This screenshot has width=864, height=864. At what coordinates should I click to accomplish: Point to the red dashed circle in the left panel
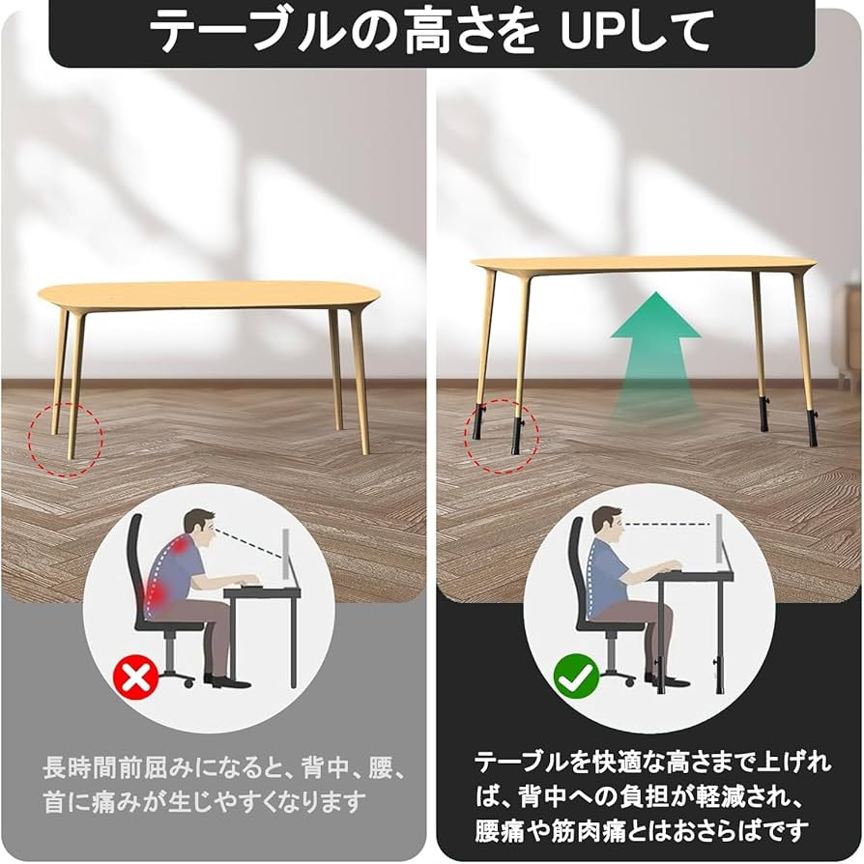tap(65, 440)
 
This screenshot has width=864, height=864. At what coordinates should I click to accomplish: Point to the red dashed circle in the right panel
tap(501, 435)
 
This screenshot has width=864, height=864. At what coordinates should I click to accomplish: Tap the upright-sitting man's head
tap(606, 530)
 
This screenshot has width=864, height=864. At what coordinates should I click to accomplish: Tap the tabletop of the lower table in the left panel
tap(208, 295)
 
